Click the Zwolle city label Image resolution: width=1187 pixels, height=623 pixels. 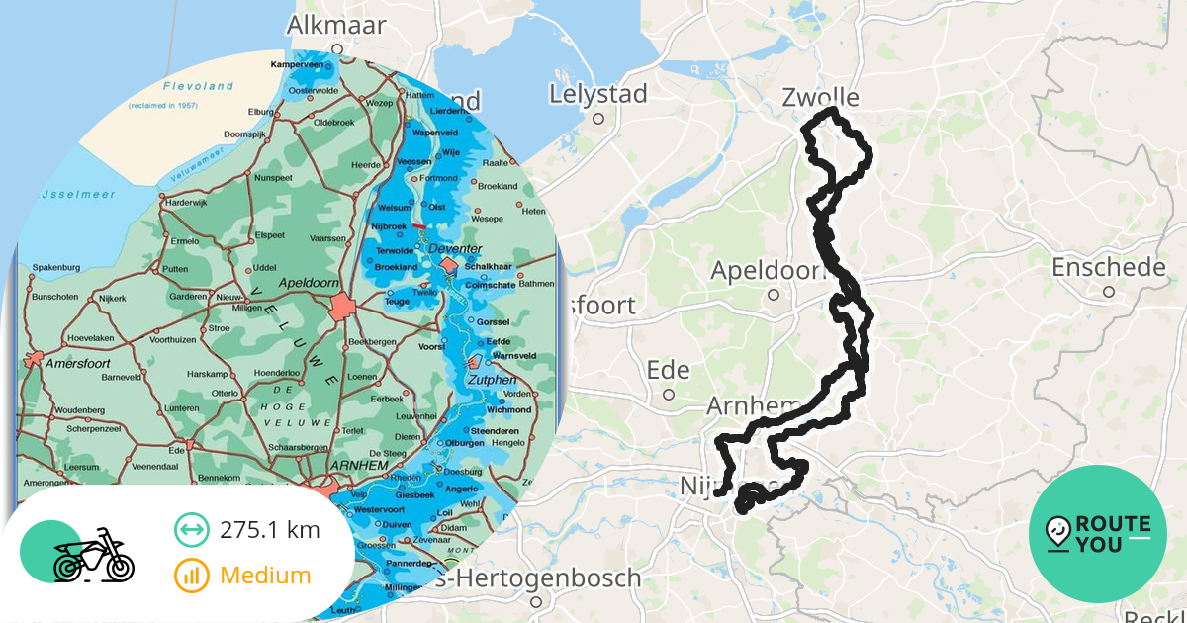click(820, 97)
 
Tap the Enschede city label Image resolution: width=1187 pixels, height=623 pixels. click(1109, 268)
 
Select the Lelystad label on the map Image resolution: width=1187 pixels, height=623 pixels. click(598, 95)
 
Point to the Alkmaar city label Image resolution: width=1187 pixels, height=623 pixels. click(336, 25)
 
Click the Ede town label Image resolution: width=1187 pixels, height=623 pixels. click(668, 370)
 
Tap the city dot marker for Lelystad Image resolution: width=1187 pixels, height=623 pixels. click(598, 119)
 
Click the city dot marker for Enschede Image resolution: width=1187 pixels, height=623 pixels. click(1109, 292)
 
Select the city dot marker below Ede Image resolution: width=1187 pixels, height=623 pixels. click(669, 394)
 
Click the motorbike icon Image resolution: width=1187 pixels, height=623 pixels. click(93, 556)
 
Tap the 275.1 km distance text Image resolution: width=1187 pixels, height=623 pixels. click(270, 530)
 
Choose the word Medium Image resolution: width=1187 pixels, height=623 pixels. click(265, 575)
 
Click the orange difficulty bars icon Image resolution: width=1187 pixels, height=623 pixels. click(191, 575)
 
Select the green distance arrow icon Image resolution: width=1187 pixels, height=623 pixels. click(191, 530)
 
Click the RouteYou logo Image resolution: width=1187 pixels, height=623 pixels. click(1098, 534)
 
